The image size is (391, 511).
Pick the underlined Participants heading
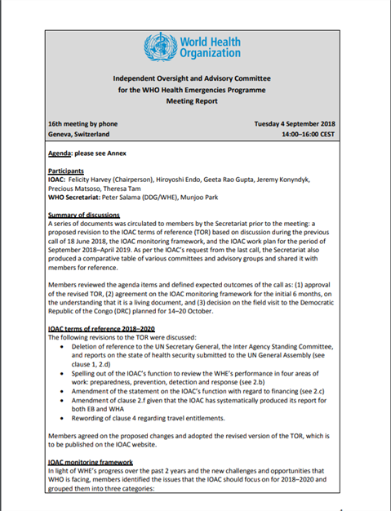tap(69, 172)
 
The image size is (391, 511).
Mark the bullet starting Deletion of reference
tap(205, 349)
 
